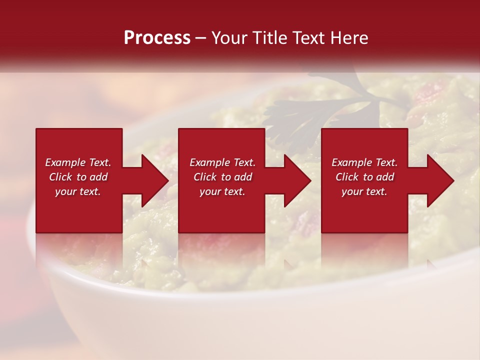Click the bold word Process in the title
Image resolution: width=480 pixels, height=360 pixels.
pyautogui.click(x=157, y=38)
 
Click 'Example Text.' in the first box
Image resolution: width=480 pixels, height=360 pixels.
pyautogui.click(x=78, y=162)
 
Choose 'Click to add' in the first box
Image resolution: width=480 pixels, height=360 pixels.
pyautogui.click(x=78, y=177)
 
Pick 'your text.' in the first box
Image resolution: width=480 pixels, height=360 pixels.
pyautogui.click(x=78, y=191)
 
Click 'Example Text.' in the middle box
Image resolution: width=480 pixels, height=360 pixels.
pyautogui.click(x=222, y=162)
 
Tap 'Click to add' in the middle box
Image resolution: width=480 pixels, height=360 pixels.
pyautogui.click(x=222, y=177)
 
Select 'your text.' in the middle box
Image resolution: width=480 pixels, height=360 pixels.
pyautogui.click(x=222, y=191)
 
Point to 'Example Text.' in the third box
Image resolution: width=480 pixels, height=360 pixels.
pyautogui.click(x=364, y=162)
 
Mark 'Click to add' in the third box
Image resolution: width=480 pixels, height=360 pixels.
pyautogui.click(x=364, y=177)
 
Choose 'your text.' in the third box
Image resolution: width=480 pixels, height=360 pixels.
pyautogui.click(x=364, y=191)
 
